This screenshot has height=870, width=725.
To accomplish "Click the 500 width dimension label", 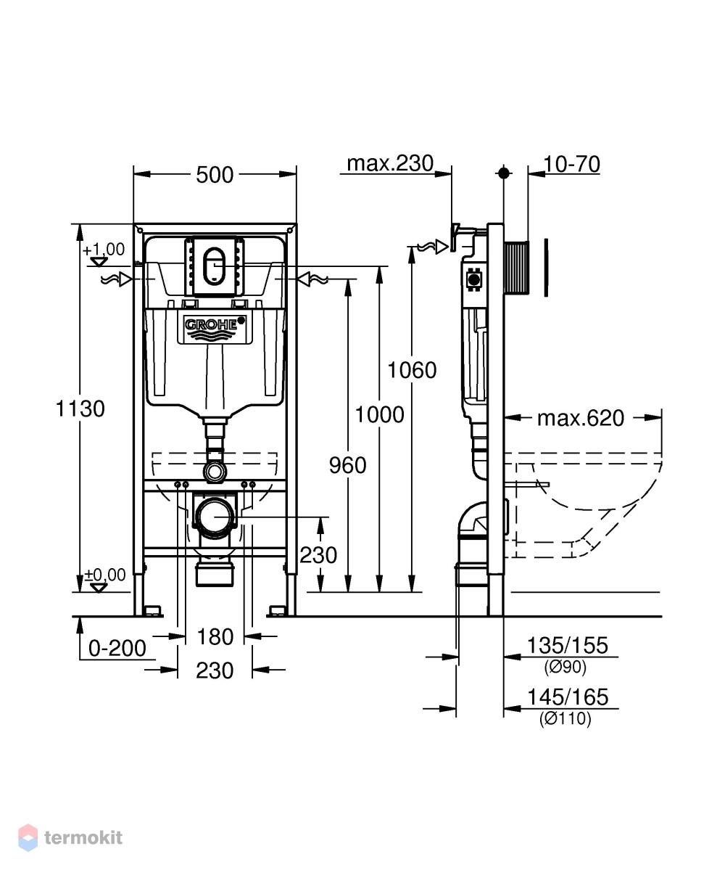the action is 215,175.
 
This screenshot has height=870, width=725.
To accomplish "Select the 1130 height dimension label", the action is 80,409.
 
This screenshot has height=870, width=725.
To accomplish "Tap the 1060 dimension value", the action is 412,370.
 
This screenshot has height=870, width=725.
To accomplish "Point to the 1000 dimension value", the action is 380,414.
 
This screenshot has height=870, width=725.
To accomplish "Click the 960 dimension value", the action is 347,465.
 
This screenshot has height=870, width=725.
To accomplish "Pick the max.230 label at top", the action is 390,163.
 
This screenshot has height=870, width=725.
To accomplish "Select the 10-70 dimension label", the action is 572,164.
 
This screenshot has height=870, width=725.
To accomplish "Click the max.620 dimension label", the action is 581,418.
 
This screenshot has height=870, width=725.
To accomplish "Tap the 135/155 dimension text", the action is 568,645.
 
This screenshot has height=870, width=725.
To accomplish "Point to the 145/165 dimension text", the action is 568,697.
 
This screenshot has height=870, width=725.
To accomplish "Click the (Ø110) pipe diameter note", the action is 565,718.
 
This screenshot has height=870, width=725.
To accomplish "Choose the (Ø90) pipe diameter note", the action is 565,667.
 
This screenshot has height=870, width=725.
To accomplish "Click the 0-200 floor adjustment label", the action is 117,648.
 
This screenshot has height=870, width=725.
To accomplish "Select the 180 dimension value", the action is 215,636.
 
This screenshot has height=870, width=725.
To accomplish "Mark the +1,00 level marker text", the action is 104,250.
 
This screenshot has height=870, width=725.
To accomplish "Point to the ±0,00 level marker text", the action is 105,574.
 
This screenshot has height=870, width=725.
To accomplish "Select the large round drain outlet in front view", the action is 215,516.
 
